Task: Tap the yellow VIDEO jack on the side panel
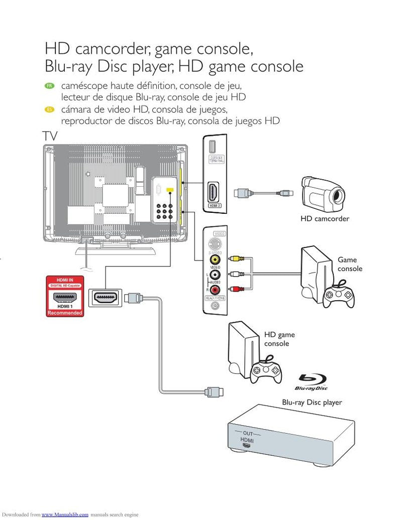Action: tap(215, 260)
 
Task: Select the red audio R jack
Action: tap(215, 289)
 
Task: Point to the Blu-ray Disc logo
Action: tap(311, 382)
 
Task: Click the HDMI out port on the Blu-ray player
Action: tap(247, 445)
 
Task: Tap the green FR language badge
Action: tap(49, 86)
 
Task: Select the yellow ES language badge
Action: tap(49, 110)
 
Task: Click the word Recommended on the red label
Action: tap(64, 313)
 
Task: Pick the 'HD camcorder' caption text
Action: tap(325, 219)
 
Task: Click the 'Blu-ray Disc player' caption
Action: tap(312, 402)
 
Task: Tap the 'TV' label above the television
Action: tap(50, 136)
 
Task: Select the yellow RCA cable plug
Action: tap(235, 259)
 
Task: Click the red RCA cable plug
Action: tap(235, 289)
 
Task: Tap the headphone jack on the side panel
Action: tap(215, 305)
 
